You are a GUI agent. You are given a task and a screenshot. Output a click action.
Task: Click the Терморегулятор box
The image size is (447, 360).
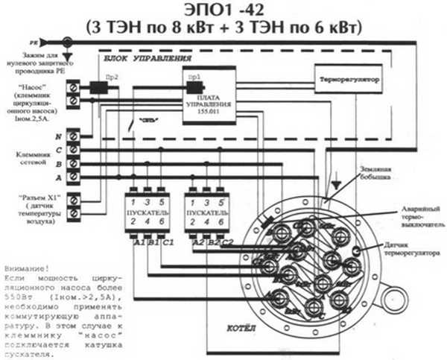click(350, 78)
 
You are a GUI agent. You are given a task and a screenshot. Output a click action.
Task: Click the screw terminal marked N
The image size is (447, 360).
click(74, 137)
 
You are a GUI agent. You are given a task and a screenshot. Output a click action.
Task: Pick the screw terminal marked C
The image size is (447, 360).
click(74, 150)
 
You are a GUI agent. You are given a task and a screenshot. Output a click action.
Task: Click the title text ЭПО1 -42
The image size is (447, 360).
click(223, 10)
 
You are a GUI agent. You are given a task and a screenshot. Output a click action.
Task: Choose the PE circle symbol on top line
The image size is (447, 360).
click(68, 43)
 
